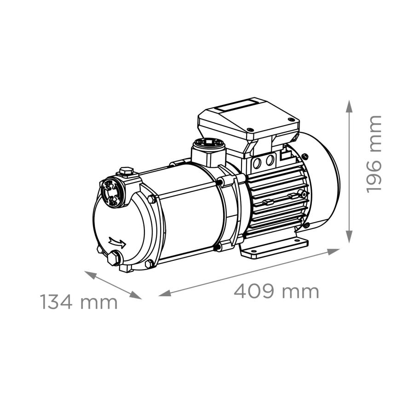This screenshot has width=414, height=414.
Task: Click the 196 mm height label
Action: (x=374, y=154)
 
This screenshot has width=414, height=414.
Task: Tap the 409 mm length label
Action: (x=276, y=292)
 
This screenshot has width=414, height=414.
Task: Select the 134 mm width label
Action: (x=79, y=302)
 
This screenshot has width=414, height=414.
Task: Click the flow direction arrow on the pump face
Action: (x=117, y=242)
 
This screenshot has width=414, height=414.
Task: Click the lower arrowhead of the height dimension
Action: (x=349, y=236)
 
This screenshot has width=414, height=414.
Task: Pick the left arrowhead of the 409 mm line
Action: (x=165, y=293)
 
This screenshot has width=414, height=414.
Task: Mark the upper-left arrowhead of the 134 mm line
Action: (x=90, y=275)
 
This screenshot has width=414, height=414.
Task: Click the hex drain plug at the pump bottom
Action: (x=114, y=258)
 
